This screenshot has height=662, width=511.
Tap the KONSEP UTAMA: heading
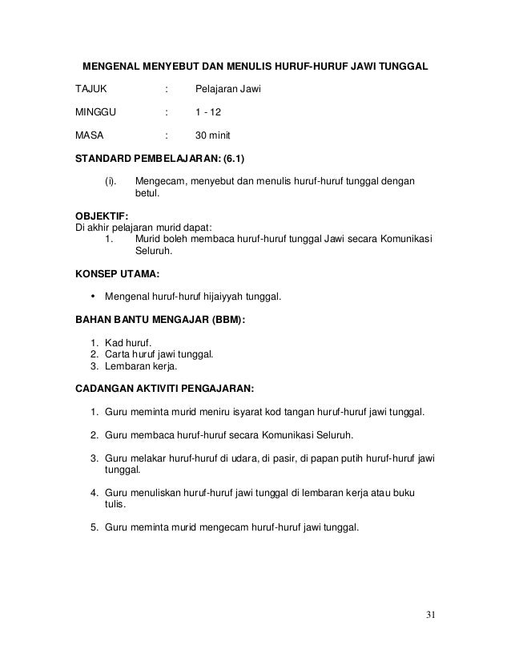coord(111,273)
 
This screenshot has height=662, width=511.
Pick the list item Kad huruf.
coord(133,343)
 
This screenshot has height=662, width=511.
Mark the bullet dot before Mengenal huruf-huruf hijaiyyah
coord(97,297)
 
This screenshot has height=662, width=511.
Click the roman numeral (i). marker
coord(111,182)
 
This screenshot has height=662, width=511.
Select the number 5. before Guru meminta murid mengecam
coord(95,527)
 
